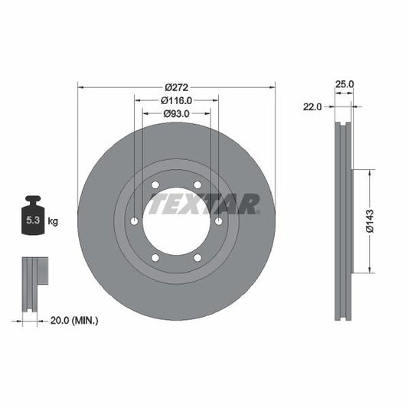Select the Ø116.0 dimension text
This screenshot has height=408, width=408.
click(176, 100)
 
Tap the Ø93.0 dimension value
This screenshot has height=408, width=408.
click(176, 114)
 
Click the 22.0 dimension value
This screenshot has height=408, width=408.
click(314, 108)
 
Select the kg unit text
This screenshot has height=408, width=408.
click(54, 221)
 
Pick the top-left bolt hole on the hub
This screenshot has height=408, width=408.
click(155, 185)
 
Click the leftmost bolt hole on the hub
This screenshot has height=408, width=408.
click(135, 221)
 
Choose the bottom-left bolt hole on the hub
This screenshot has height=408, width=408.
click(155, 257)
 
